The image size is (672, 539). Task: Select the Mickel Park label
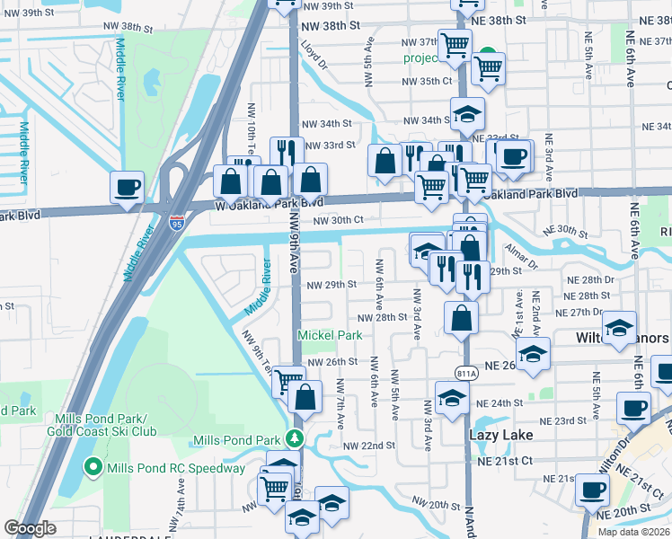coord(330,335)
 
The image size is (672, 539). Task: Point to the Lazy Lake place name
coord(501,435)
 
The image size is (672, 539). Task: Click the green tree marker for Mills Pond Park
coord(293,438)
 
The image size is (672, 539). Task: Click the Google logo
coord(30,528)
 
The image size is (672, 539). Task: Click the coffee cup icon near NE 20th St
coord(592,491)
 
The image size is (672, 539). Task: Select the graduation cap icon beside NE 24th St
coord(452,396)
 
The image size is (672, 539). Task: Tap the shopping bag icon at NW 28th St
coord(461,318)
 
